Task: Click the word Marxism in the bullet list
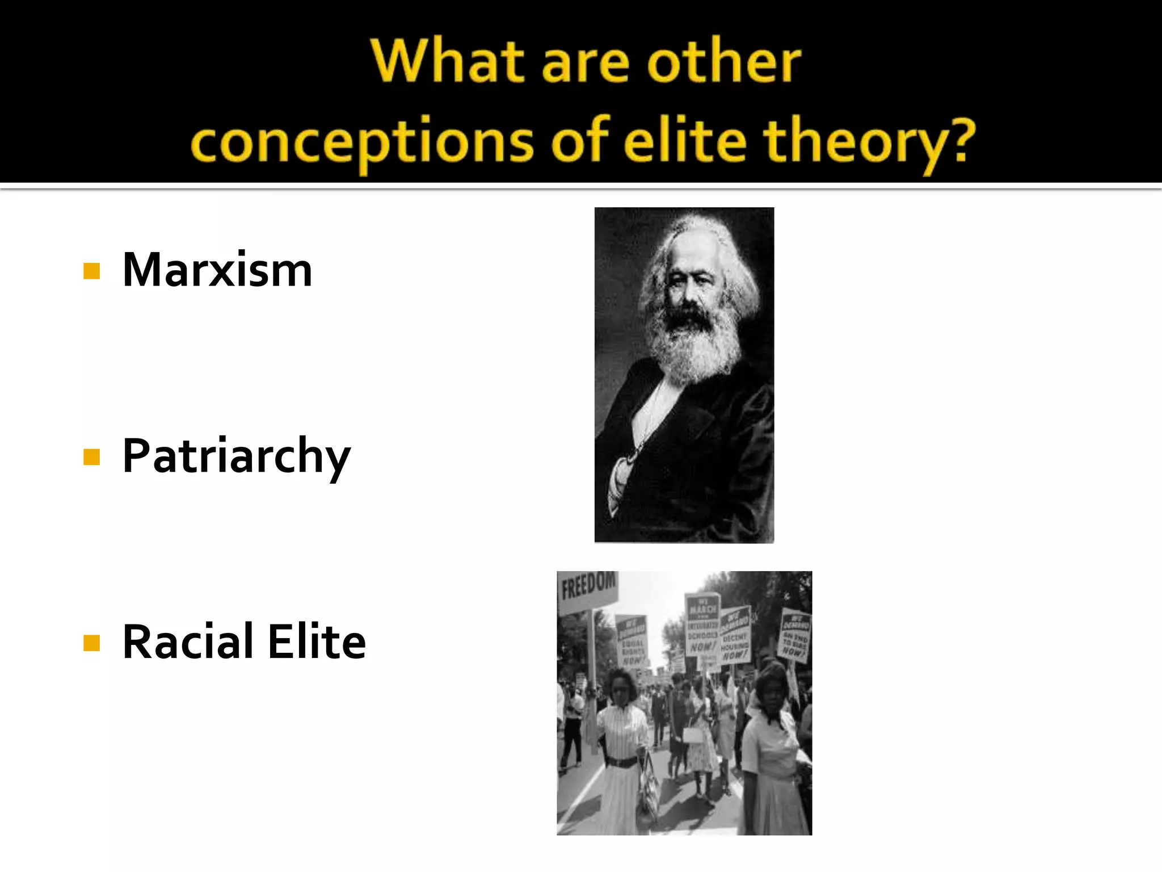point(217,270)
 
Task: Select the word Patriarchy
point(236,456)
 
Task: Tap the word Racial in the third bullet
point(188,642)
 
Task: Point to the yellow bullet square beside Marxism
point(91,271)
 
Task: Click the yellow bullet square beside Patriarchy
point(91,456)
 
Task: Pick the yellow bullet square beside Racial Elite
point(91,643)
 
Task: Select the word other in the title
point(725,61)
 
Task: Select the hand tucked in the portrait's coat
point(621,477)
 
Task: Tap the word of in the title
point(580,141)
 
